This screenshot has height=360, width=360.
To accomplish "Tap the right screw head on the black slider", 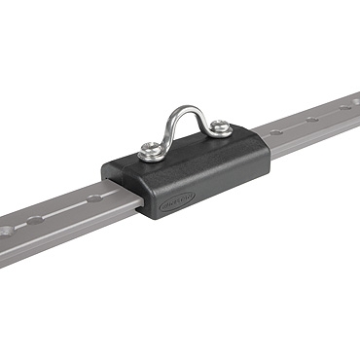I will click(x=222, y=126).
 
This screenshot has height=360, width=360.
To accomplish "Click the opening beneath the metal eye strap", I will click(x=185, y=127).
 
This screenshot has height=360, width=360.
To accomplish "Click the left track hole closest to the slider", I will click(x=94, y=198).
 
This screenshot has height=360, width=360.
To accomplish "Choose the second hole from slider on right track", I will click(x=311, y=119).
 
